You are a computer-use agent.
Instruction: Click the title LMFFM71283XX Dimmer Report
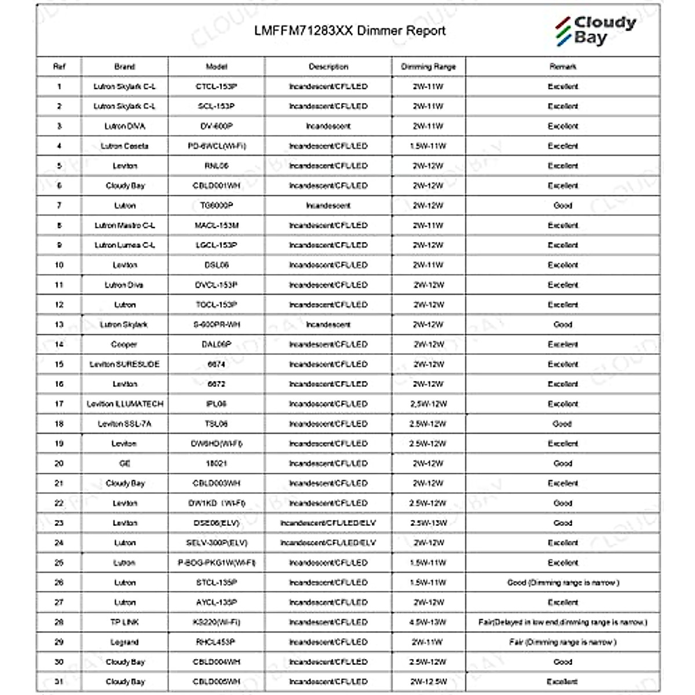point(350,31)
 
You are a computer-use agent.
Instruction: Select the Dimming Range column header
point(428,67)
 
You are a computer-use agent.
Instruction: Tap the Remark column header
point(562,67)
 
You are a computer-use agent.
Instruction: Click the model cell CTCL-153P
point(216,86)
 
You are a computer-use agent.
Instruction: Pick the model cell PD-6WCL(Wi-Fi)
point(216,146)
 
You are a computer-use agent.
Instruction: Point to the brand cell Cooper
point(124,344)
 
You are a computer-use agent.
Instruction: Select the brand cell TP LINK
point(125,622)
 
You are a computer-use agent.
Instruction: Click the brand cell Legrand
point(125,642)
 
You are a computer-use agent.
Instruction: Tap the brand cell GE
point(125,463)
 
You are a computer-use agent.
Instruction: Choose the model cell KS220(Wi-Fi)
point(216,622)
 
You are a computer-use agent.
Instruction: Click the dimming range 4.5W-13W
point(428,622)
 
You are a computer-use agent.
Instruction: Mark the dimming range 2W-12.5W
point(428,682)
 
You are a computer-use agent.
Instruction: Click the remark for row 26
point(562,583)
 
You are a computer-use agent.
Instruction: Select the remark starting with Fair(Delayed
point(562,622)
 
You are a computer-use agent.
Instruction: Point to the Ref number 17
point(59,404)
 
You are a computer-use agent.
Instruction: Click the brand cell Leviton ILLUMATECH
point(125,404)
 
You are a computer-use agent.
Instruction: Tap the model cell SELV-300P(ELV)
point(216,543)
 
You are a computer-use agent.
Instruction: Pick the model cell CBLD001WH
point(216,185)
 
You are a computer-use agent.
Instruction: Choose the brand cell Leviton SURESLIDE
point(125,364)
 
